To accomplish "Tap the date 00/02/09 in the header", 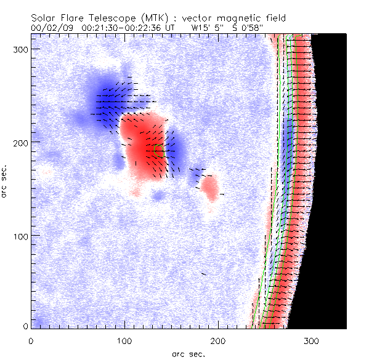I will [50, 28].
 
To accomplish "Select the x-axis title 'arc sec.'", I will [188, 354].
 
